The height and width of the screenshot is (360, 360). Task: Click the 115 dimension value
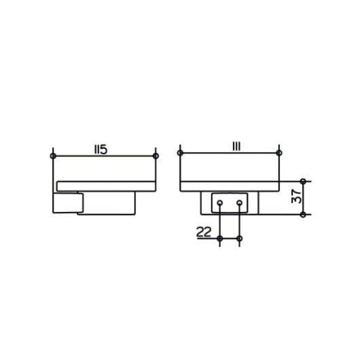point(101,150)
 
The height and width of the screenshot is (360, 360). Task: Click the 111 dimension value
point(237,146)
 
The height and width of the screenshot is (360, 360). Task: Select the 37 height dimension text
point(296,197)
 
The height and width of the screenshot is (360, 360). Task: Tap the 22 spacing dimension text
point(204,232)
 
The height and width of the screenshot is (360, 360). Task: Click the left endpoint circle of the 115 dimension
point(53,156)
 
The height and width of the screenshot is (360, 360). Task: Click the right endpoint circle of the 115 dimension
point(156,156)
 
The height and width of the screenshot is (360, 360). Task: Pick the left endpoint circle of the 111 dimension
point(180,153)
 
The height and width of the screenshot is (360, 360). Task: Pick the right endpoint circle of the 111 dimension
point(279,153)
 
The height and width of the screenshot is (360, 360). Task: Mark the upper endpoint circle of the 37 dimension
point(303,182)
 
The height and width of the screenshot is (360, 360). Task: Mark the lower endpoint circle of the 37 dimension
point(303,214)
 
